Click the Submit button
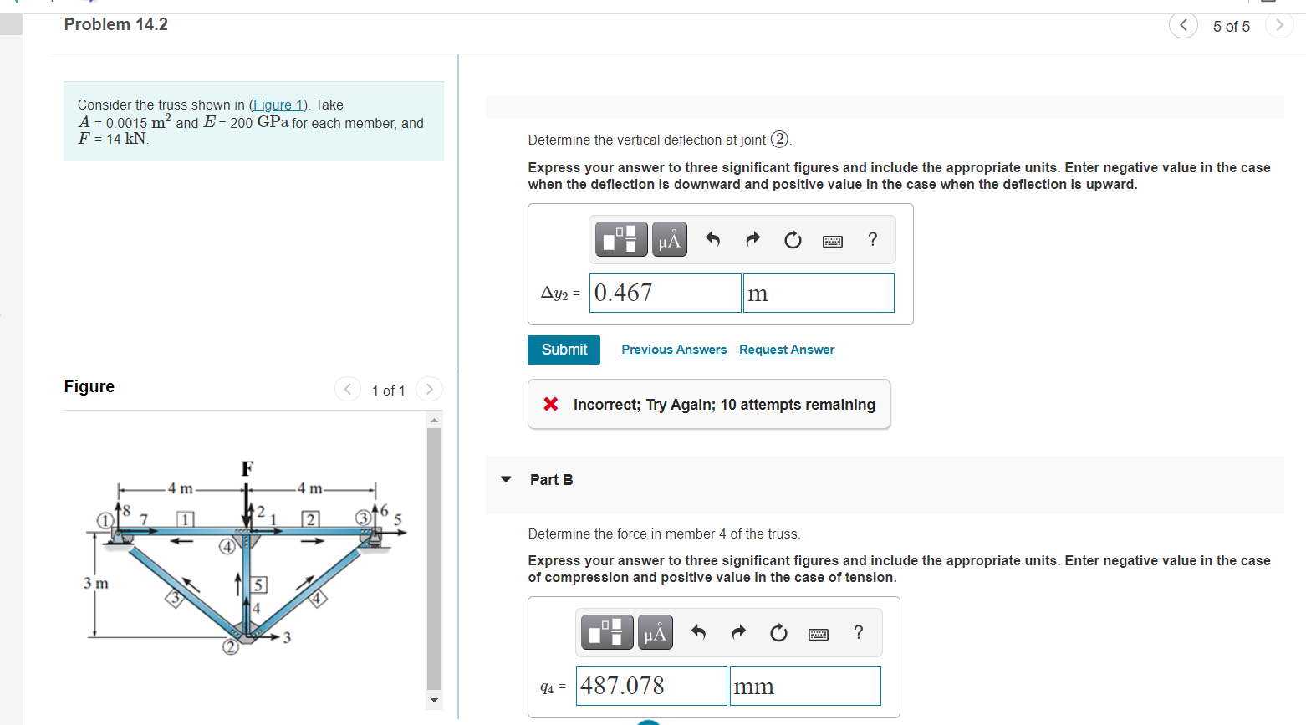pyautogui.click(x=564, y=350)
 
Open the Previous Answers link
pyautogui.click(x=673, y=350)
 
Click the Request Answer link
pyautogui.click(x=786, y=350)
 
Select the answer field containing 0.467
pyautogui.click(x=665, y=293)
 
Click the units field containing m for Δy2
pyautogui.click(x=818, y=293)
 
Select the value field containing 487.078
pyautogui.click(x=650, y=686)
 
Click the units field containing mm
pyautogui.click(x=804, y=686)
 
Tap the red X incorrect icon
pyautogui.click(x=551, y=404)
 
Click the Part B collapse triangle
pyautogui.click(x=506, y=479)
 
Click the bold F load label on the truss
pyautogui.click(x=247, y=469)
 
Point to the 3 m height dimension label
pyautogui.click(x=95, y=583)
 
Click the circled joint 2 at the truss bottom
pyautogui.click(x=230, y=646)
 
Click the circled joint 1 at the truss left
pyautogui.click(x=105, y=520)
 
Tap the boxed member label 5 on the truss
pyautogui.click(x=259, y=585)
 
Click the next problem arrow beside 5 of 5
pyautogui.click(x=1278, y=25)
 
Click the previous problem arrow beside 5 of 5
pyautogui.click(x=1182, y=25)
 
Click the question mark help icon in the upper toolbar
pyautogui.click(x=872, y=239)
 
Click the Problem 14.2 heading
pyautogui.click(x=116, y=24)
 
